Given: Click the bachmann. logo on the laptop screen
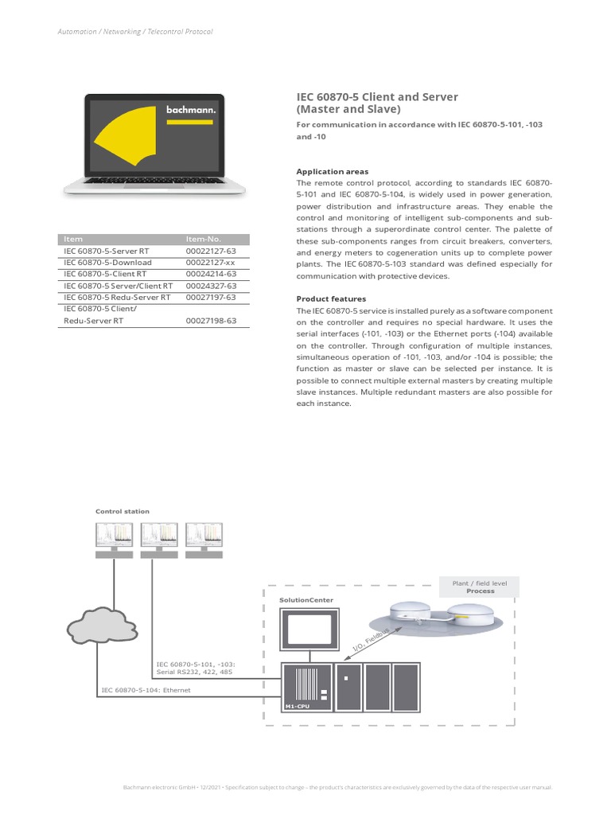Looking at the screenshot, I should coord(190,111).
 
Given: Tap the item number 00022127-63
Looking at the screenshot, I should coord(211,251).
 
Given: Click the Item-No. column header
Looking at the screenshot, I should coord(203,239).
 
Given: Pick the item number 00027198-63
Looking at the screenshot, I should coord(211,321).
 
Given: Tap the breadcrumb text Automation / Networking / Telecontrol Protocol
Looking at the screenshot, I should coord(135,32).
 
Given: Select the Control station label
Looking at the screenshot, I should coord(123,511).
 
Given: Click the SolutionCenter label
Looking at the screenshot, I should coord(306,599).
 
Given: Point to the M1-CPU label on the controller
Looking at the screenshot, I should coord(295,706).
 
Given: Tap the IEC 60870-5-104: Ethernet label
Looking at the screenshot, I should coord(146,690).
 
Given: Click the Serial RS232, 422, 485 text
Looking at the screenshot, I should coord(195,672).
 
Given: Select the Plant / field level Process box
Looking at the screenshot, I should coord(480,587).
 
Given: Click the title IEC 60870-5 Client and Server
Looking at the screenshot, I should coord(377,96).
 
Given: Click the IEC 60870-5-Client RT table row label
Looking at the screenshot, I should coord(104,274).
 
